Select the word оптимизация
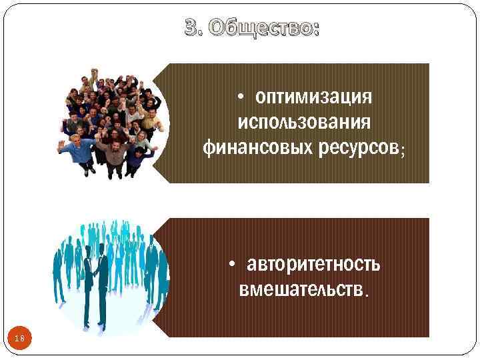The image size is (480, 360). tap(313, 98)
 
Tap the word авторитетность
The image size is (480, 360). tap(313, 265)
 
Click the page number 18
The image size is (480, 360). tap(19, 339)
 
